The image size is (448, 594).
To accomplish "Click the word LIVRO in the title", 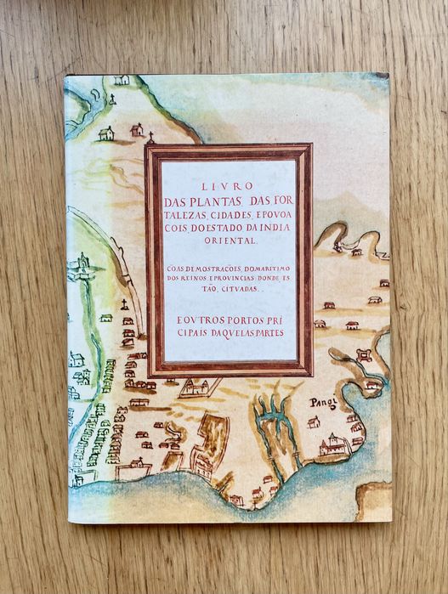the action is [x=227, y=188].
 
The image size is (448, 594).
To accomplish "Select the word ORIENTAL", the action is [x=228, y=240].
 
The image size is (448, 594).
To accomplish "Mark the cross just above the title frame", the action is [x=150, y=136].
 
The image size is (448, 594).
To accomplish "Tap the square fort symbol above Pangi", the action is [x=365, y=356].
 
